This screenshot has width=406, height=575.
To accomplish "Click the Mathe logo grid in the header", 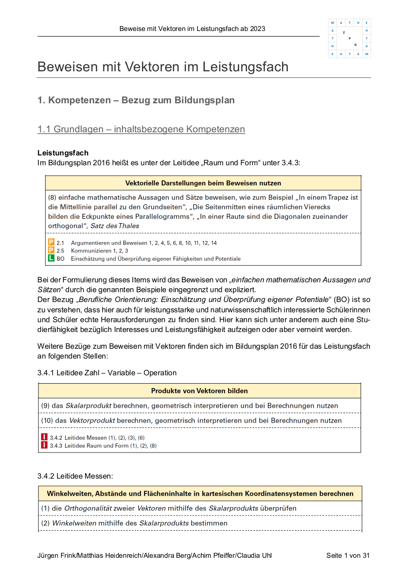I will pos(349,38).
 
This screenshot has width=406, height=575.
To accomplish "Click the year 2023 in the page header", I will pos(258,29).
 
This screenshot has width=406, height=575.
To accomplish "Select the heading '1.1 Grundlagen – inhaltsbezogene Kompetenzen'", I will pos(141,129).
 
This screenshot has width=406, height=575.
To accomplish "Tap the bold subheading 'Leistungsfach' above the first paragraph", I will pos(63,153).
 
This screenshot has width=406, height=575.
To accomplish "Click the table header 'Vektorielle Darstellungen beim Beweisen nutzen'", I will pos(203,183).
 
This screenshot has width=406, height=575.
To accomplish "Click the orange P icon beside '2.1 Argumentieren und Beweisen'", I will pos(51,242).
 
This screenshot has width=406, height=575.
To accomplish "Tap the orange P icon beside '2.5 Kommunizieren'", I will pos(51,250).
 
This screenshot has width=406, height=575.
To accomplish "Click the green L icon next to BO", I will pos(51,258).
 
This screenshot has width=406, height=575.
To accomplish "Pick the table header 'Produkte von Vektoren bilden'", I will pos(199,391).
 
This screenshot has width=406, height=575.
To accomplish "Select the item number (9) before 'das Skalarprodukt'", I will pos(45,406).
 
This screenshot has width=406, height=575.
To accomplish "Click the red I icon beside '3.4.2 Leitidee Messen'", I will pos(44,437).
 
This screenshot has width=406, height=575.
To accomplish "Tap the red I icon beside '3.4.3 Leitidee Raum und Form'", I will pos(44,446).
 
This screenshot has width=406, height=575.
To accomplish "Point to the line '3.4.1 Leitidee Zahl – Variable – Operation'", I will pos(107,373).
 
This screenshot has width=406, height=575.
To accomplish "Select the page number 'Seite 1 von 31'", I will pos(348,556).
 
